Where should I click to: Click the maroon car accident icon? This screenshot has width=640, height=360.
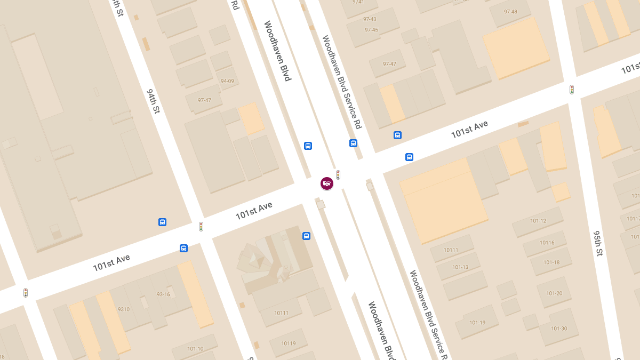327,183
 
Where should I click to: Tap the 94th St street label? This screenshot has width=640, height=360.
154,101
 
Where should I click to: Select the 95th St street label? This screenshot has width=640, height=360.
598,243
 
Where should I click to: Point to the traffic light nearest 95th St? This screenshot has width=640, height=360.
572,90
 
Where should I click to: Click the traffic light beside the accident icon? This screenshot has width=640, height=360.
338,174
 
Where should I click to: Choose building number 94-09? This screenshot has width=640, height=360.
227,81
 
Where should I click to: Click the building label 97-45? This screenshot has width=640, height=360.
371,30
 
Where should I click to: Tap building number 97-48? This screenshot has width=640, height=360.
510,12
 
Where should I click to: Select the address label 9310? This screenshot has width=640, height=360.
123,309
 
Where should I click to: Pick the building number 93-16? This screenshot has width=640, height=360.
163,294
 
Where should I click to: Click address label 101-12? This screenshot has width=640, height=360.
538,221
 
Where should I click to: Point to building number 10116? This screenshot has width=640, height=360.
547,243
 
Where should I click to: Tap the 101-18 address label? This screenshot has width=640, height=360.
551,262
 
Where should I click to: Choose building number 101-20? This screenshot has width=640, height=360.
554,293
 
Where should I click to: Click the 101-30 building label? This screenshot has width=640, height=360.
559,329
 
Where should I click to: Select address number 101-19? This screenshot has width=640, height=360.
477,323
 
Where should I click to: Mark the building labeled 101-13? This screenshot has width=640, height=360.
460,267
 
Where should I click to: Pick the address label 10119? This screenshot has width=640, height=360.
288,343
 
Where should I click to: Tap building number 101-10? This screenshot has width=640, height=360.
195,349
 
